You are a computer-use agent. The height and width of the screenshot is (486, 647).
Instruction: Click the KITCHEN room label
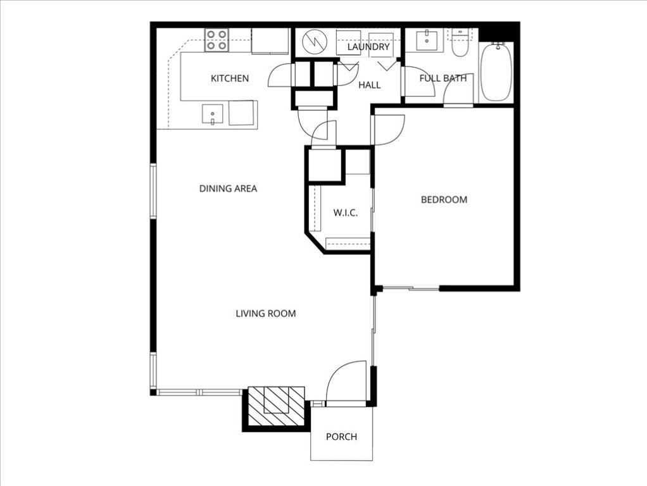[x=230, y=78]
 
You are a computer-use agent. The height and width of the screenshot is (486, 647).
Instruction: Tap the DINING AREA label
[x=228, y=189]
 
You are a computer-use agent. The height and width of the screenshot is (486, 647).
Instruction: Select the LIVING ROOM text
[x=265, y=313]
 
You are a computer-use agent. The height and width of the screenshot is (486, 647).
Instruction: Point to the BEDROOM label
[x=444, y=200]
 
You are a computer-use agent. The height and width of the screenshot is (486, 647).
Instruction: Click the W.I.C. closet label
[x=345, y=213]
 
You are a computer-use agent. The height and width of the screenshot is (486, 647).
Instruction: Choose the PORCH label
[x=341, y=437]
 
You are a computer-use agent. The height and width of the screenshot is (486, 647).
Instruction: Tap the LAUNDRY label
[x=367, y=47]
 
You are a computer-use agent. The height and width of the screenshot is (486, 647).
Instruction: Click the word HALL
[x=369, y=85]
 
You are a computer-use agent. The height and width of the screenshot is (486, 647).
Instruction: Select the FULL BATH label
[x=443, y=78]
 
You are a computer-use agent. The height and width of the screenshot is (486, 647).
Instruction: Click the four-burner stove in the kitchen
[x=217, y=40]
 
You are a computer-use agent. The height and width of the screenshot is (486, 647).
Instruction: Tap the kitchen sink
[x=213, y=115]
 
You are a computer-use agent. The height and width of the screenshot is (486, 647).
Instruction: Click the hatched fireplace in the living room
[x=275, y=406]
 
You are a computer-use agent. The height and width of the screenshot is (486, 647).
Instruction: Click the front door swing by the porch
[x=347, y=382]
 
